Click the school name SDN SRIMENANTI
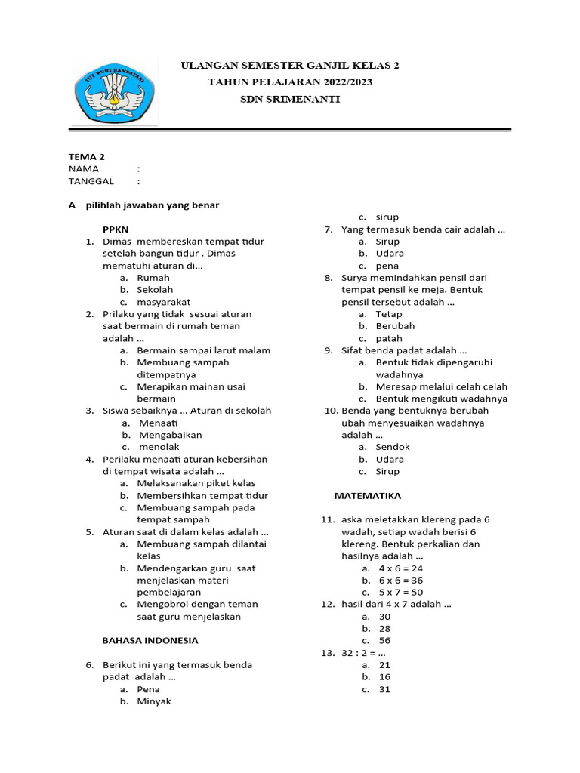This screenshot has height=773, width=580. tap(290, 99)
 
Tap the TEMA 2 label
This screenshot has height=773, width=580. tap(87, 156)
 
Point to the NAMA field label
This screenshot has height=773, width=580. tap(84, 169)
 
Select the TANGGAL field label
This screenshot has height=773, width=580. tap(91, 181)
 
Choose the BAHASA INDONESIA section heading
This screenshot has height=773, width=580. tap(150, 640)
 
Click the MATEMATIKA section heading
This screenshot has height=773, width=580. tap(368, 496)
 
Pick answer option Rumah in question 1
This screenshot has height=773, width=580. tap(153, 278)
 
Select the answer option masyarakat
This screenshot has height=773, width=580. tap(164, 302)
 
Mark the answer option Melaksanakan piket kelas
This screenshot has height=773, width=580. tap(196, 483)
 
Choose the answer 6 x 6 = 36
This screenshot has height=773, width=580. tap(401, 581)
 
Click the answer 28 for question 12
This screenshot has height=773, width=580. tap(384, 629)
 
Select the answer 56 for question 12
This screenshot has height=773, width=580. tap(384, 641)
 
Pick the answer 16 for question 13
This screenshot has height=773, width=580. tap(384, 677)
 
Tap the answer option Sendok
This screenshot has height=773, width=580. tap(393, 447)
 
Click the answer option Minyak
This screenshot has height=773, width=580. tap(154, 701)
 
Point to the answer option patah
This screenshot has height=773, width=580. tap(389, 338)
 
